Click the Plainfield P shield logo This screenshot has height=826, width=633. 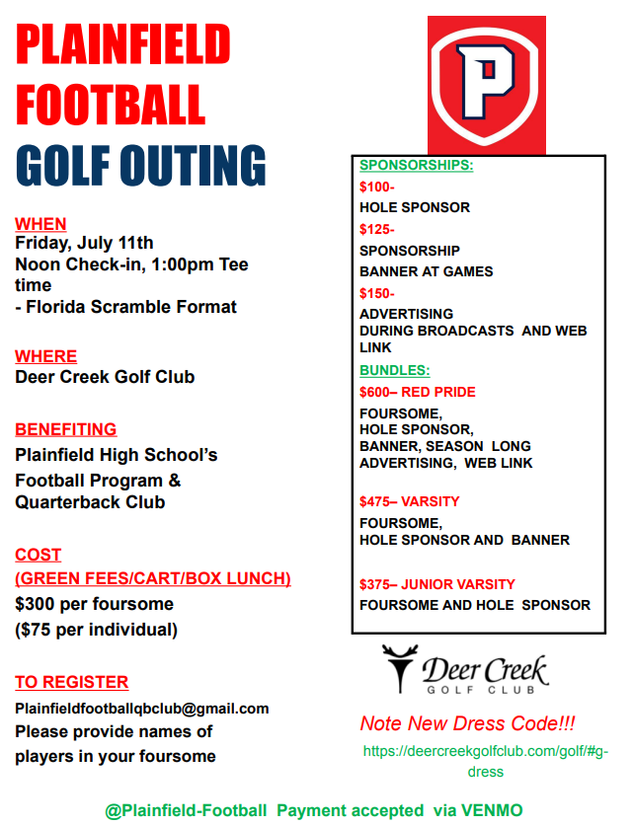tap(486, 86)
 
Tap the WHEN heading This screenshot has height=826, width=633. tap(40, 225)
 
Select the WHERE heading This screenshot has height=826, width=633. tap(45, 356)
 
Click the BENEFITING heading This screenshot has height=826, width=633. tap(65, 429)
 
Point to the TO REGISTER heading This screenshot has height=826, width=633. tap(71, 682)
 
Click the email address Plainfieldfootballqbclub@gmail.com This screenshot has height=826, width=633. tap(141, 709)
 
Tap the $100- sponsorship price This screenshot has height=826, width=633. tap(377, 187)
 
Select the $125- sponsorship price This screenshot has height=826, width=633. tap(377, 230)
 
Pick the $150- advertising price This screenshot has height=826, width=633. tap(377, 293)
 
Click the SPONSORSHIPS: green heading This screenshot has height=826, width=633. tap(416, 166)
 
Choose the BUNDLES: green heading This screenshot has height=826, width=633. tap(394, 371)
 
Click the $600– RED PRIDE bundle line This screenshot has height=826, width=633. tap(418, 392)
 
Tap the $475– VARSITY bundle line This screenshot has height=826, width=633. tap(410, 501)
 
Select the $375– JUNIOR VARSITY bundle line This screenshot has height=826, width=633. tap(437, 584)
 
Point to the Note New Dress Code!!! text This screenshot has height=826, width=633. tap(467, 723)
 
